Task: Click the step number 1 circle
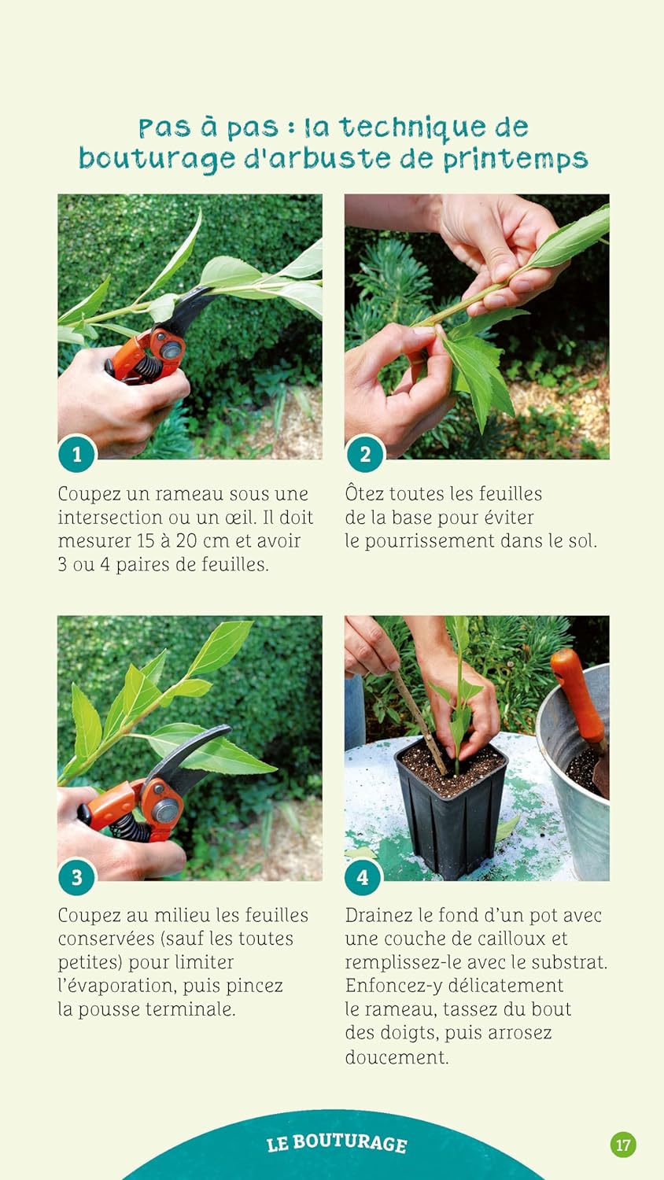click(x=77, y=454)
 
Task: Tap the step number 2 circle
click(x=365, y=454)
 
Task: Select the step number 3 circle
click(x=77, y=877)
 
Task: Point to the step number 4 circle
click(x=363, y=877)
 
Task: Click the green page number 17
click(x=623, y=1145)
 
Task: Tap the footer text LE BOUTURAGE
click(x=337, y=1142)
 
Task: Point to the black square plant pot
click(x=451, y=811)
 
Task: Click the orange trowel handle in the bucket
click(x=578, y=695)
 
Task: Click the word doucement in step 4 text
click(x=397, y=1057)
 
